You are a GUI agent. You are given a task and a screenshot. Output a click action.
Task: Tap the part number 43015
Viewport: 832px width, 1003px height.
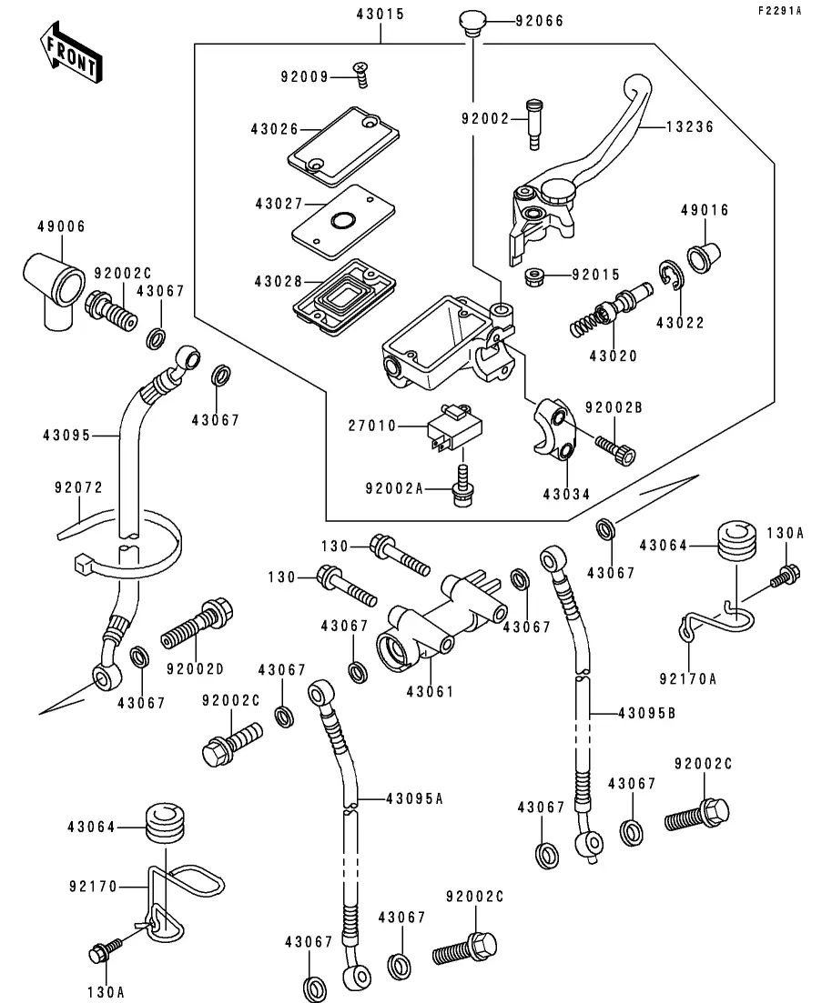[x=380, y=15]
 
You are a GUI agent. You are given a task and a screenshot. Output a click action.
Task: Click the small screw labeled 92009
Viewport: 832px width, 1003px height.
[x=361, y=75]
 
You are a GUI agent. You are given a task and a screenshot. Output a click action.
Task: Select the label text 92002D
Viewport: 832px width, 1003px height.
[x=194, y=670]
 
